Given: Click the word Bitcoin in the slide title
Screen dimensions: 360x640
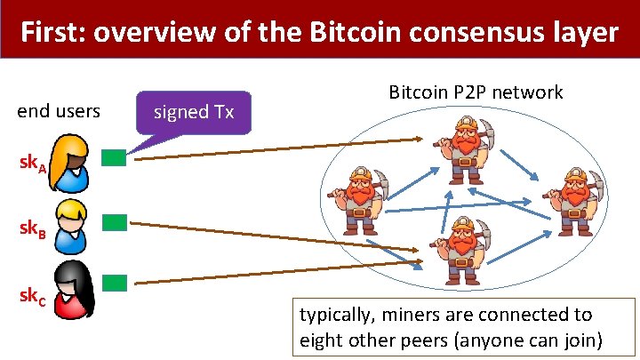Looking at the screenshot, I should [x=353, y=33].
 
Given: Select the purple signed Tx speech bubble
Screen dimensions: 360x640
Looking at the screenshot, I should [x=194, y=113].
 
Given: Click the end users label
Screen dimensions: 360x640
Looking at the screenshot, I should [x=59, y=111].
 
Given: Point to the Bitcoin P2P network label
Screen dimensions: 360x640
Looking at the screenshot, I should [x=476, y=92].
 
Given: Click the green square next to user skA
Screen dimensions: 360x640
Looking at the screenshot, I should [x=114, y=158].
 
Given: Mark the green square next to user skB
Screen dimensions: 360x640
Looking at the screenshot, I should [x=114, y=222].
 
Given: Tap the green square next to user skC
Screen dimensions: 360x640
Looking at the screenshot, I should [x=114, y=283].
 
